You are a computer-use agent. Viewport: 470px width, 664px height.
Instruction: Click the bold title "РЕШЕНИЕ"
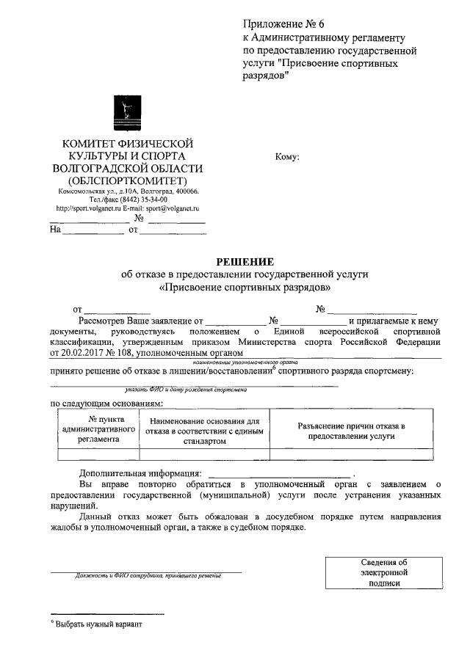click(x=245, y=261)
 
